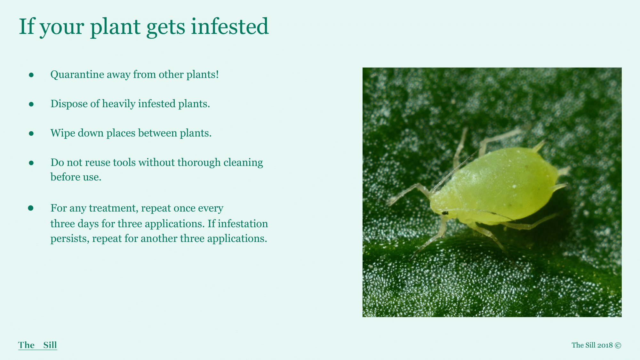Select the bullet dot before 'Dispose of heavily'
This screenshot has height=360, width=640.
coord(31,104)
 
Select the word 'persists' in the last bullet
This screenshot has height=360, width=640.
coord(70,239)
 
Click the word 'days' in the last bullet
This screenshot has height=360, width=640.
coord(88,224)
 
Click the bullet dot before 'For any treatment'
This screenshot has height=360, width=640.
coord(31,208)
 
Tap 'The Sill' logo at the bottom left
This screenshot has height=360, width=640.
coord(37,345)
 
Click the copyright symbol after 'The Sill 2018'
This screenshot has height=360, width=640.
coord(618,345)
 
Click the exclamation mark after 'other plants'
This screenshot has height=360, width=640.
coord(217,75)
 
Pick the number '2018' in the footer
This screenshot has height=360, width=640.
coord(605,345)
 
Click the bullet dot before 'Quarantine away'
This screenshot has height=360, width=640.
coord(31,75)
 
